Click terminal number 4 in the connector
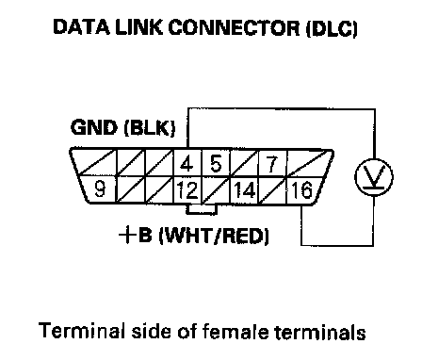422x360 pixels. point(187,163)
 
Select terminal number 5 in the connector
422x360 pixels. point(216,163)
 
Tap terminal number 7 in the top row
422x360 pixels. point(272,163)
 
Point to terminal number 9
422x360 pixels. point(100,189)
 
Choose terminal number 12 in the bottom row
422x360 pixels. point(187,190)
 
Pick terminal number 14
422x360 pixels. point(244,190)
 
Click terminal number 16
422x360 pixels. point(301,190)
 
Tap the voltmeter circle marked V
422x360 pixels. point(374,177)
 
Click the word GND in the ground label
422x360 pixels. point(94,127)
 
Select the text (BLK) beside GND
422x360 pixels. point(150,128)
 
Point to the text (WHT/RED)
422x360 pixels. point(215,236)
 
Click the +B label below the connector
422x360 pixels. point(135,235)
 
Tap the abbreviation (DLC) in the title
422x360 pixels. point(332,28)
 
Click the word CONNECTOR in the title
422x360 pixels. point(234,27)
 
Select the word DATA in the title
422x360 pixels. point(82,27)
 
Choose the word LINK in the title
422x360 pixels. point(139,27)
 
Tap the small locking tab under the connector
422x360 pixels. point(202,209)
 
